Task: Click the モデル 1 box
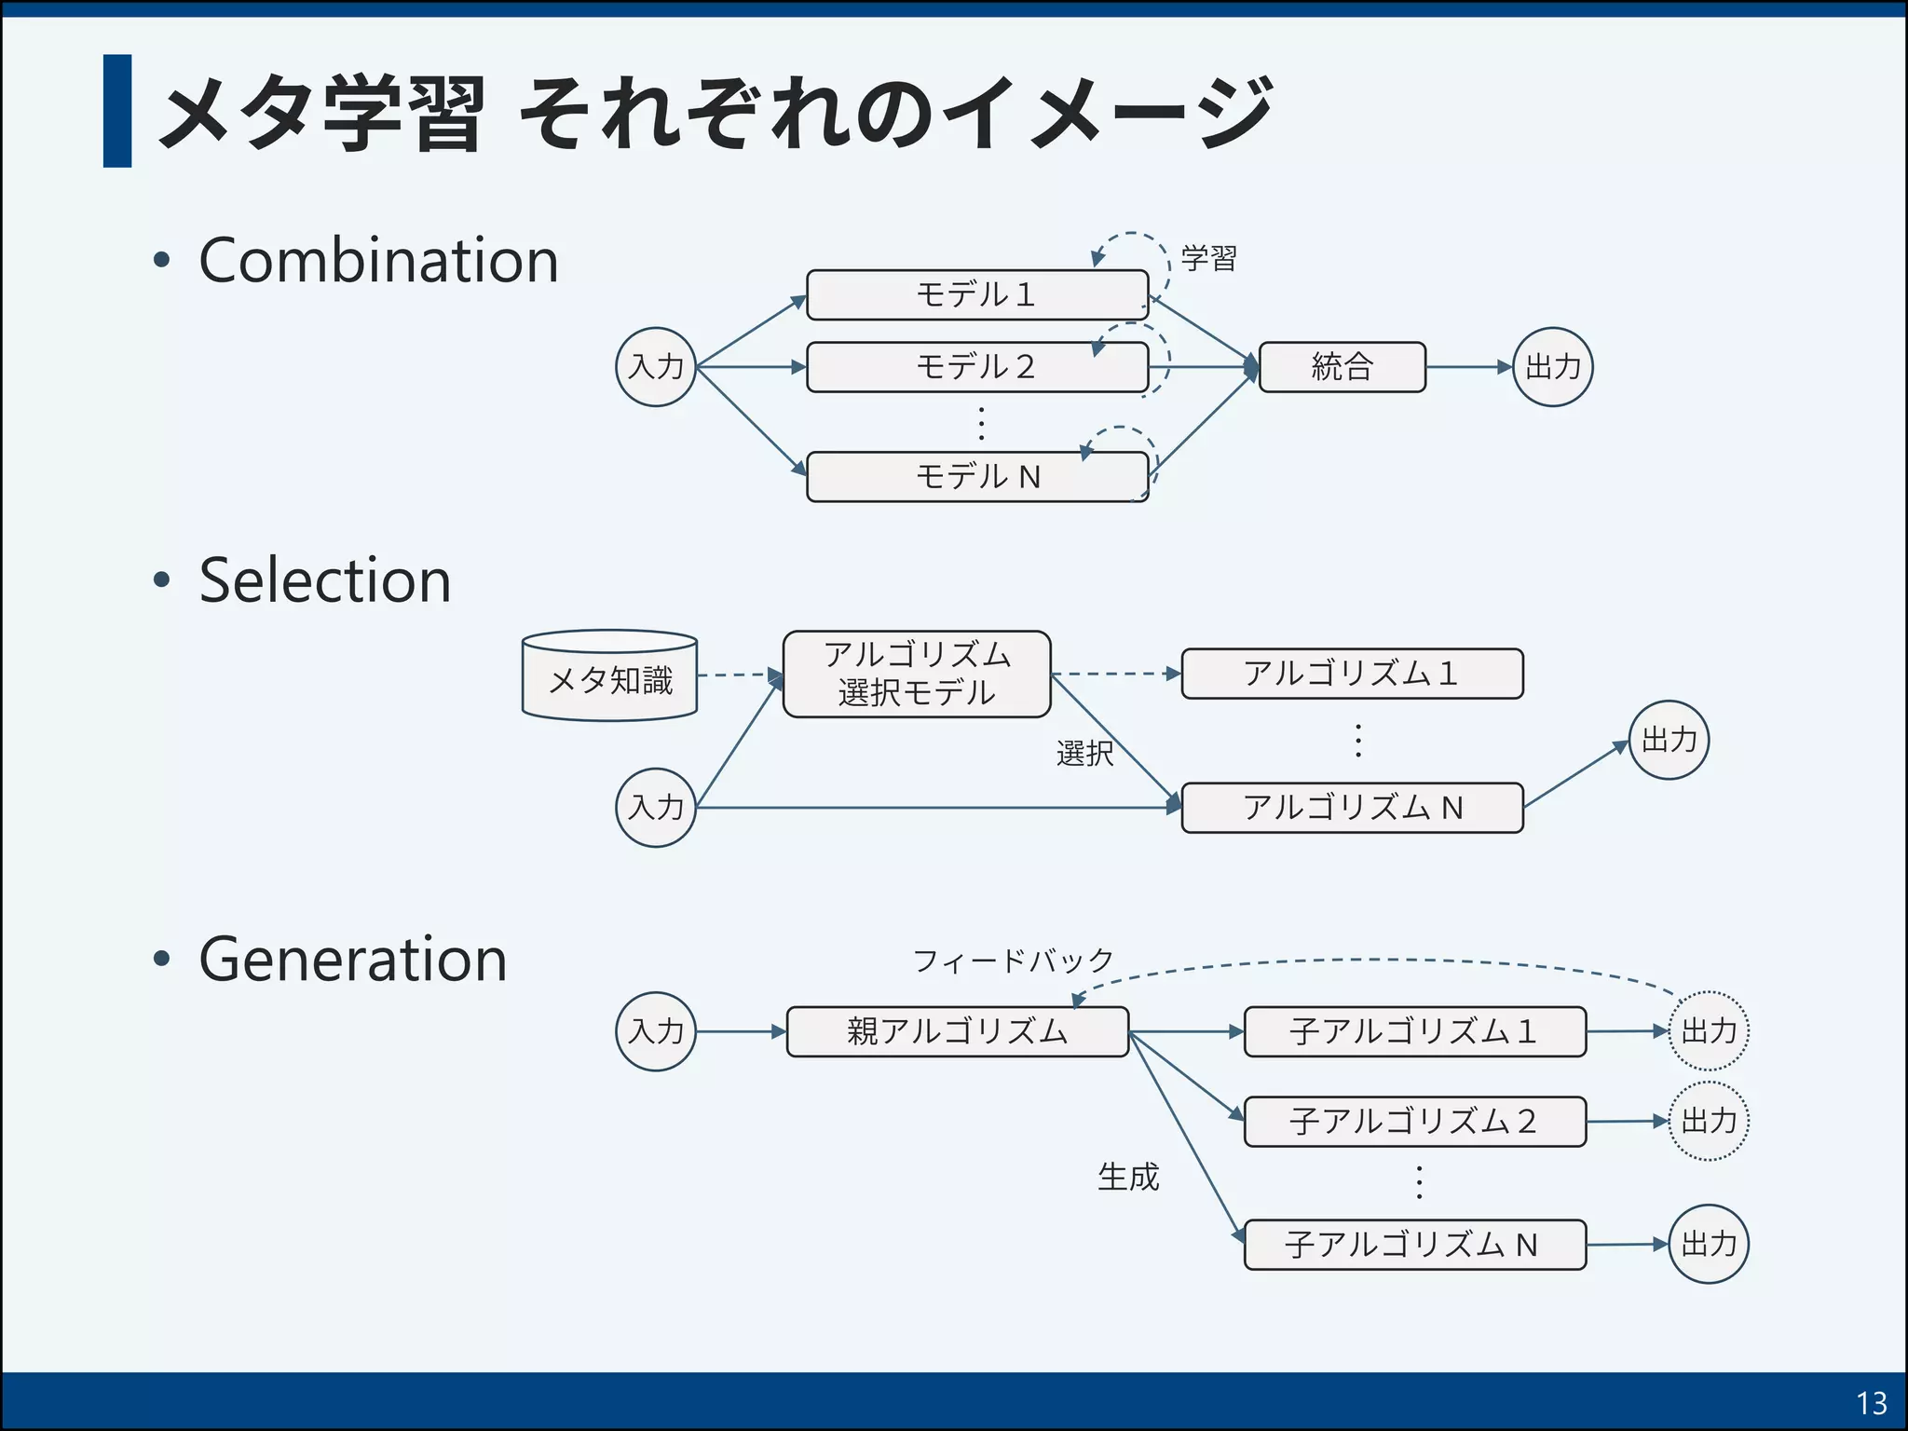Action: (976, 294)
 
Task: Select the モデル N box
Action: (976, 477)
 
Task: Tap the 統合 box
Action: (1342, 367)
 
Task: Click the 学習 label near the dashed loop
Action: (1208, 258)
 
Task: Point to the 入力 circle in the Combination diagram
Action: (656, 367)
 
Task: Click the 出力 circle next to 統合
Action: (1552, 367)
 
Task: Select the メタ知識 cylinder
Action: (609, 678)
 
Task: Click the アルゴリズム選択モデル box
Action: (917, 674)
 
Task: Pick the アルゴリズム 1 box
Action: (1352, 674)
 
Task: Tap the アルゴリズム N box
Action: (1352, 807)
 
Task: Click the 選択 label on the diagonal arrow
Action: (1084, 753)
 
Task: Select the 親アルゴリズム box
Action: (957, 1031)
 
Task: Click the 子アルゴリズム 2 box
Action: (1414, 1121)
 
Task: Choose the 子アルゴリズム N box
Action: (1414, 1245)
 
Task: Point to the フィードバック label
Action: (1013, 961)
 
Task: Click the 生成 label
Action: (1128, 1178)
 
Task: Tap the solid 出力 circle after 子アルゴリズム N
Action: (1709, 1245)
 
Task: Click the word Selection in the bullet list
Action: (325, 580)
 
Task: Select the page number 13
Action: (1871, 1403)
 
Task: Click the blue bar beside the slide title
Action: (117, 111)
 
